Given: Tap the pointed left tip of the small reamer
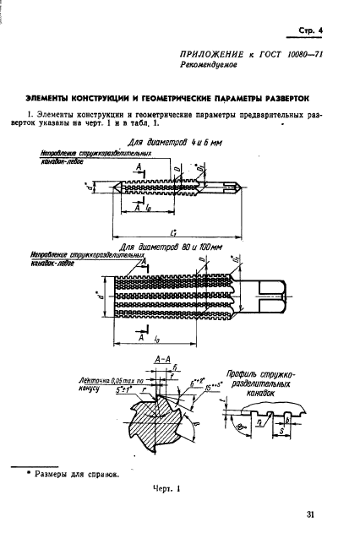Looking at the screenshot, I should pyautogui.click(x=90, y=186).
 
